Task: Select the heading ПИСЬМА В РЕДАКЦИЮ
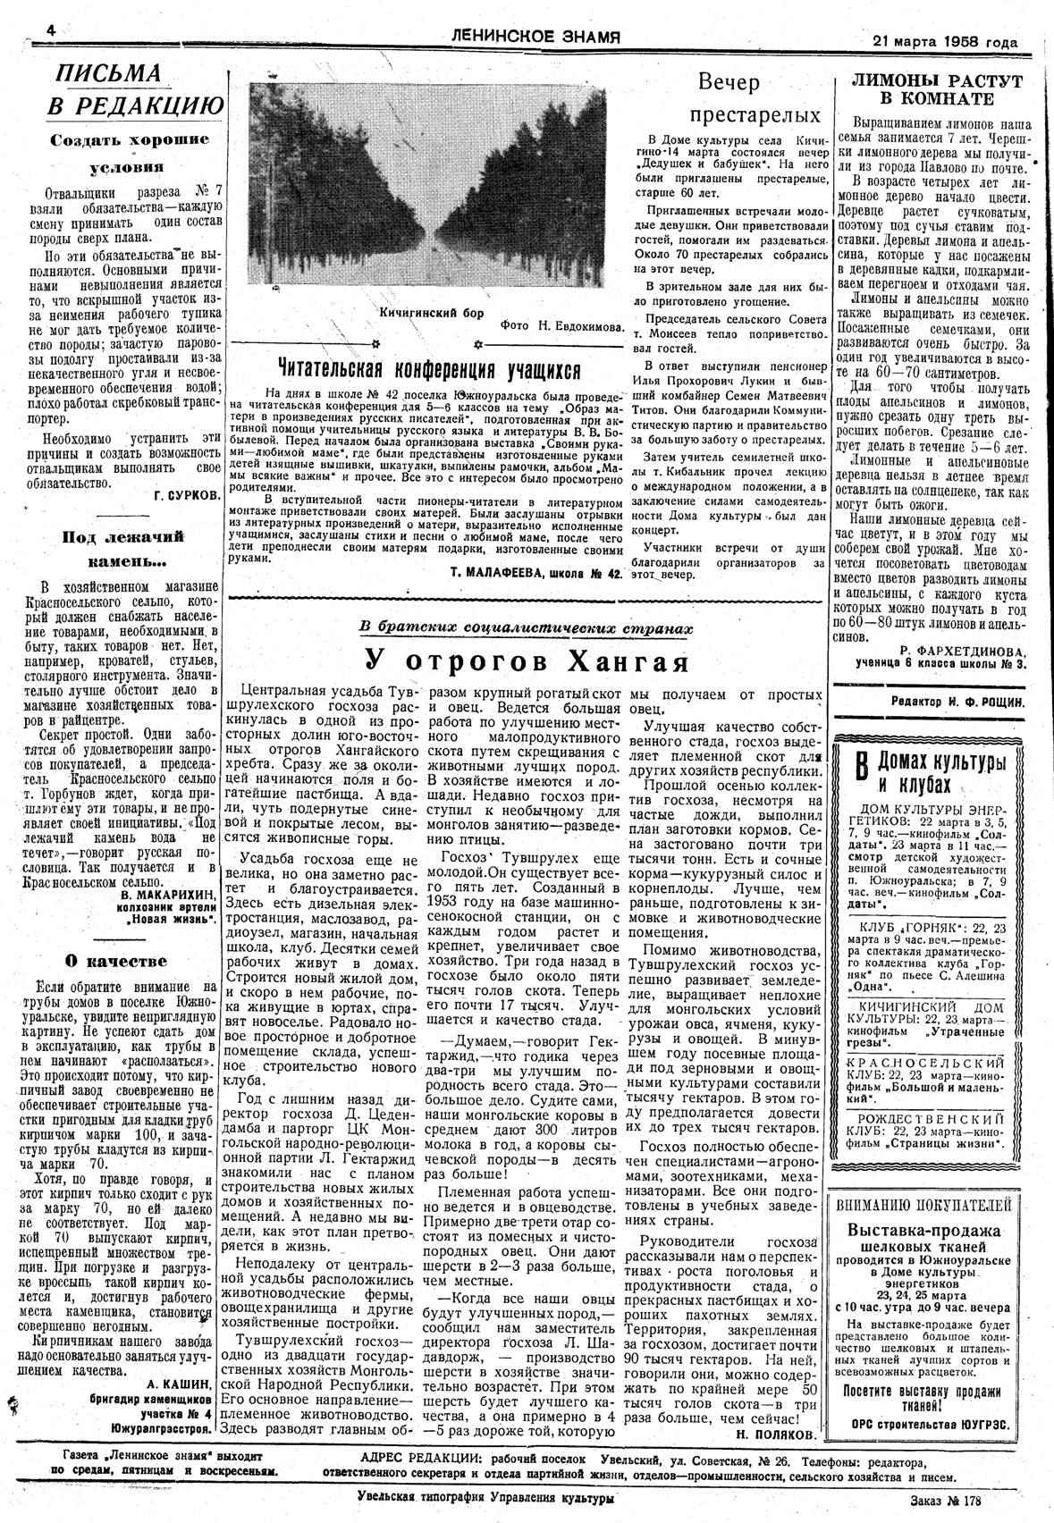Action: click(135, 90)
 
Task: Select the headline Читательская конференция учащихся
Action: click(429, 369)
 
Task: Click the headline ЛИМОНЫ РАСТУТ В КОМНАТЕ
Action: click(935, 89)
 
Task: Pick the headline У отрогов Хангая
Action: click(527, 662)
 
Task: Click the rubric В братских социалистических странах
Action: click(526, 628)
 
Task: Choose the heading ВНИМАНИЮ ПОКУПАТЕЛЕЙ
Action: click(924, 1205)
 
